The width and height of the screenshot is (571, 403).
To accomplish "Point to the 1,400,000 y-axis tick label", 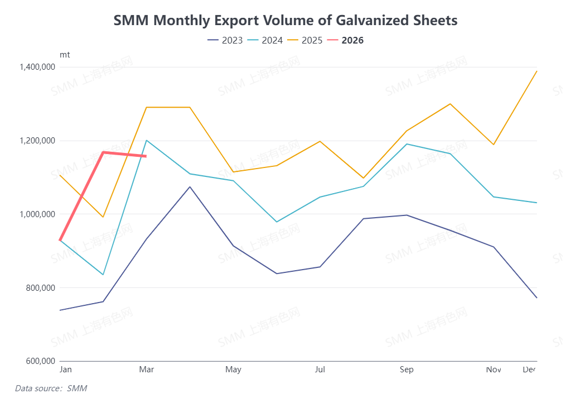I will (36, 67).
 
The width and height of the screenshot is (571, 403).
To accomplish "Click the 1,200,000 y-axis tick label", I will (36, 141).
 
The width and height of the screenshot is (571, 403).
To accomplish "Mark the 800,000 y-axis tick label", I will (40, 288).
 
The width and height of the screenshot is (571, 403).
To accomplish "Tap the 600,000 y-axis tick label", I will (40, 361).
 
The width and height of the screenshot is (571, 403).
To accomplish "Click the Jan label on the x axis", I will (65, 370).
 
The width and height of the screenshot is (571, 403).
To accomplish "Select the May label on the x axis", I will (233, 370).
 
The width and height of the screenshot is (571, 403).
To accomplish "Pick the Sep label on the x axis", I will (407, 370).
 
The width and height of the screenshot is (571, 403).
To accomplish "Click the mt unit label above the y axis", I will (65, 55).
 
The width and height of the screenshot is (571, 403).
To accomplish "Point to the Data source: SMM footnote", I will (51, 388).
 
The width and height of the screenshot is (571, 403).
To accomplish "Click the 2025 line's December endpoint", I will (536, 71).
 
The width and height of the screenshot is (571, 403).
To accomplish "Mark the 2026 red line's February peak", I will (103, 152).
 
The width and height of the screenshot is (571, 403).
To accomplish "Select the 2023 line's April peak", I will (190, 187).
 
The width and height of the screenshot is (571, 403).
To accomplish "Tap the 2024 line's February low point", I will (103, 275).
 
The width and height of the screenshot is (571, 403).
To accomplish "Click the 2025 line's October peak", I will (450, 104).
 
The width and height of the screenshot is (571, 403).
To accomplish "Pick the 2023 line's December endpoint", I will (536, 298).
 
